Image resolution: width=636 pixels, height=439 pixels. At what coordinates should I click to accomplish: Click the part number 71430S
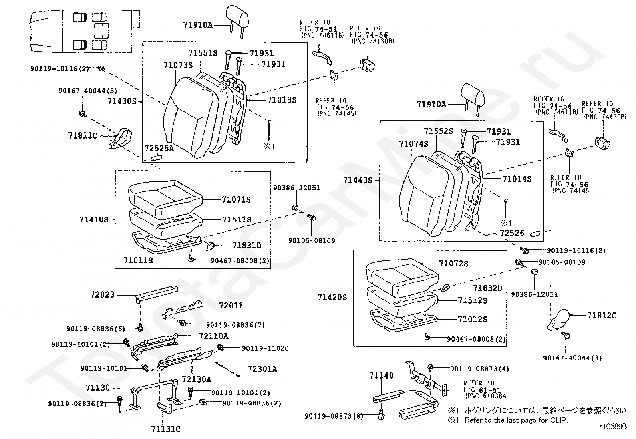pyautogui.click(x=122, y=101)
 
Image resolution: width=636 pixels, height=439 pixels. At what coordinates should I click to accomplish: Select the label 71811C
pyautogui.click(x=83, y=136)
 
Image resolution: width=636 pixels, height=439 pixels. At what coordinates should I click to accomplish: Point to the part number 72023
pyautogui.click(x=102, y=295)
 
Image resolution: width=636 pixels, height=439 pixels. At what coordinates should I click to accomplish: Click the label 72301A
pyautogui.click(x=262, y=369)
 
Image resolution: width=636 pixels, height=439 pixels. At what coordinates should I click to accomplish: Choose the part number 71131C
pyautogui.click(x=165, y=429)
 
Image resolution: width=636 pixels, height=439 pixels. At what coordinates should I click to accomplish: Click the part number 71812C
pyautogui.click(x=602, y=316)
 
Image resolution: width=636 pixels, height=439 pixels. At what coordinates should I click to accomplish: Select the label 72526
pyautogui.click(x=511, y=233)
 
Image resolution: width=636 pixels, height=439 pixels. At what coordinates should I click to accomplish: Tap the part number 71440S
pyautogui.click(x=358, y=180)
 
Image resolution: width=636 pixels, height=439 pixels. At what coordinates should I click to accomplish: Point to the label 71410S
pyautogui.click(x=94, y=219)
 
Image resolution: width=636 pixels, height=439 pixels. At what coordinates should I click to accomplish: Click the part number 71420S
pyautogui.click(x=332, y=297)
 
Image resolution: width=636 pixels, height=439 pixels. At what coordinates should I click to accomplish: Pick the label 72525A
pyautogui.click(x=159, y=149)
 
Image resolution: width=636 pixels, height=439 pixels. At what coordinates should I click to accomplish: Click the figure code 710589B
pyautogui.click(x=612, y=426)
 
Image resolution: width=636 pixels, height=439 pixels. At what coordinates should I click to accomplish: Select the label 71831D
pyautogui.click(x=246, y=245)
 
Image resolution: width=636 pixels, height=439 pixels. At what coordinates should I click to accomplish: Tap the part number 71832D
pyautogui.click(x=487, y=288)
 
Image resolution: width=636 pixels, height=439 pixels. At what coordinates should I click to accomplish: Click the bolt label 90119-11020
pyautogui.click(x=265, y=348)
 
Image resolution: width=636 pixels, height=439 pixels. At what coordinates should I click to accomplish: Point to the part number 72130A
pyautogui.click(x=196, y=379)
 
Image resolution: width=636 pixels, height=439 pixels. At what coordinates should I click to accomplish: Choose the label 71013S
pyautogui.click(x=282, y=100)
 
